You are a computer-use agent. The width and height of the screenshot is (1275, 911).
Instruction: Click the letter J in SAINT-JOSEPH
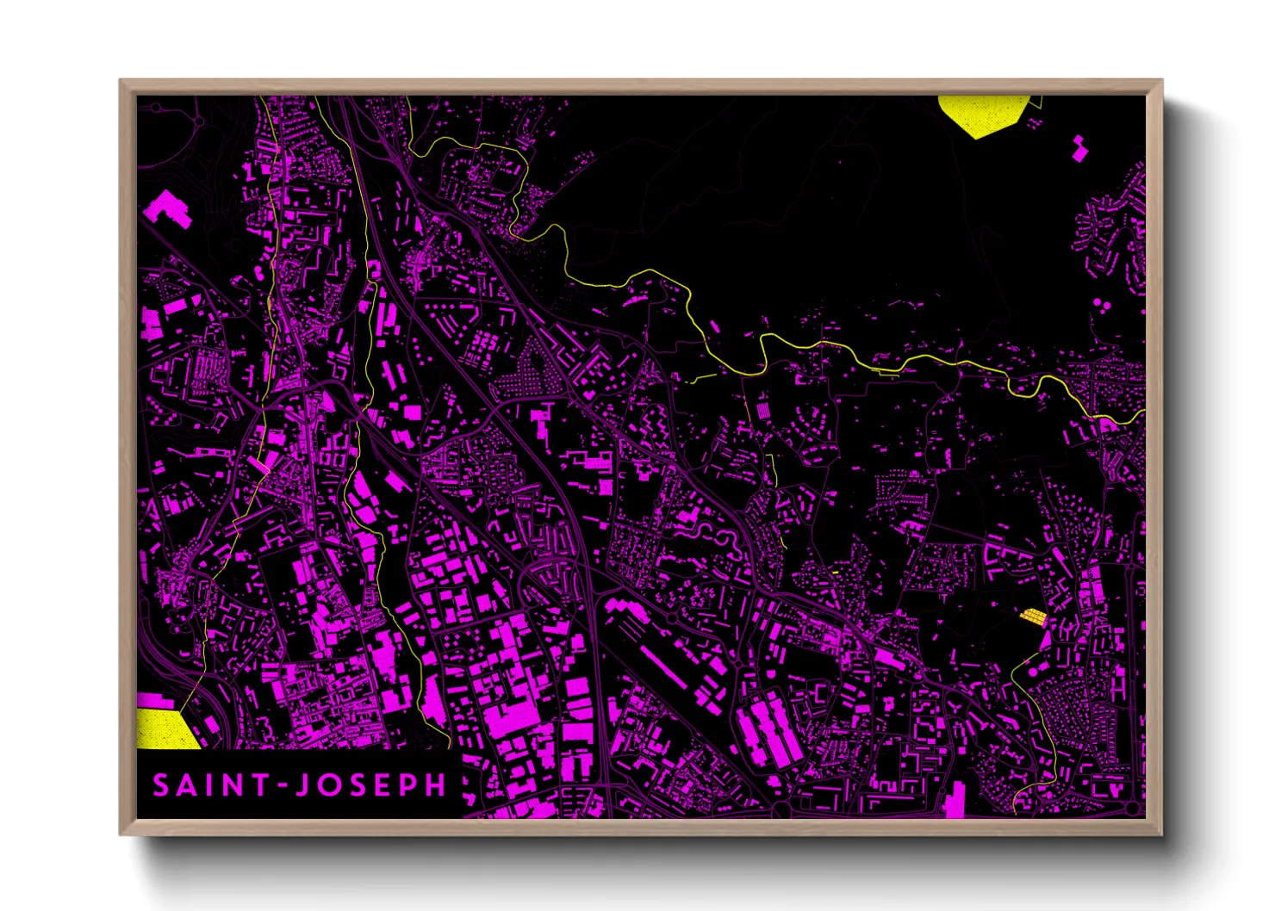[301, 785]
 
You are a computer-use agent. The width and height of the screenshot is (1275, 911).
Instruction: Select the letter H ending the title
[436, 785]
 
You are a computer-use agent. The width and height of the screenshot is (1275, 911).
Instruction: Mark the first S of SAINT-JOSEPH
[161, 785]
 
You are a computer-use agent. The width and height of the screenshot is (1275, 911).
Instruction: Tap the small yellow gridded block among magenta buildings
[1032, 616]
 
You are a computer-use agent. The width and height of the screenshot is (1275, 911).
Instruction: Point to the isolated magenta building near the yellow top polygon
[1079, 148]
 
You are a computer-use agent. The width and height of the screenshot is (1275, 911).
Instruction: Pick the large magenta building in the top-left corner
[167, 208]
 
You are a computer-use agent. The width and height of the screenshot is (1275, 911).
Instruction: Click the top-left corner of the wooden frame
[121, 81]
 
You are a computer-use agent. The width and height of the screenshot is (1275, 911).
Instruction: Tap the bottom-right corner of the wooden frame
[1161, 834]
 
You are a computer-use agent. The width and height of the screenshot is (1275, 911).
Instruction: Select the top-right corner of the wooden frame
[1161, 81]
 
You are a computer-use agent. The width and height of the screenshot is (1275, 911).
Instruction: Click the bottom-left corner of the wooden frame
[121, 834]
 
